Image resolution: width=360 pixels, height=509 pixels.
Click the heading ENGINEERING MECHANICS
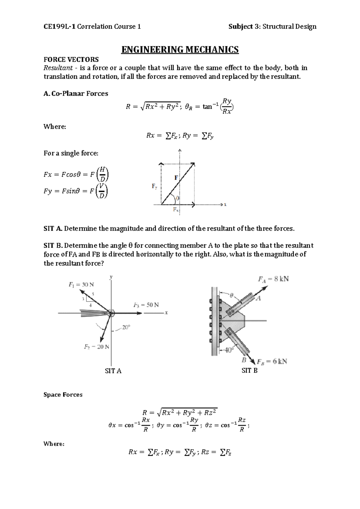tap(180, 49)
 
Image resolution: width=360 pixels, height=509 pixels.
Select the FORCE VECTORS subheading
tap(71, 59)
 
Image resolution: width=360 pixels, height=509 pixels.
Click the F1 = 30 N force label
tap(81, 285)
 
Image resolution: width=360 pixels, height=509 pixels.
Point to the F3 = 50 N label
tap(146, 305)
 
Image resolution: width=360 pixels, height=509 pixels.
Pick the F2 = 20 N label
tap(96, 347)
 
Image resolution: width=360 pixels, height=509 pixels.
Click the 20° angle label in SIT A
tap(126, 327)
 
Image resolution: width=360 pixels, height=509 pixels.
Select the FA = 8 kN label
tap(273, 279)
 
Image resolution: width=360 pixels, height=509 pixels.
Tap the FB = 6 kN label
tap(272, 361)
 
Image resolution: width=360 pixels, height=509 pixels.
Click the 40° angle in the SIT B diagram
tap(228, 350)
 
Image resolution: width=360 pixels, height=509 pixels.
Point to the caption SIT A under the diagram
tap(113, 371)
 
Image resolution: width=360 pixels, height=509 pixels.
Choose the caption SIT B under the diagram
tap(250, 371)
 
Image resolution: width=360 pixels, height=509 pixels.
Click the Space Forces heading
tap(63, 395)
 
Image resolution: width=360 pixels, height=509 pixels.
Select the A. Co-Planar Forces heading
tap(76, 94)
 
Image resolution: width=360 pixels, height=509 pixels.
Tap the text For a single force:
tap(71, 153)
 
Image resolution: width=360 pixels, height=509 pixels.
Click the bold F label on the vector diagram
tap(176, 178)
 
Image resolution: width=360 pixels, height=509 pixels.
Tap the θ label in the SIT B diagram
tap(231, 295)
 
